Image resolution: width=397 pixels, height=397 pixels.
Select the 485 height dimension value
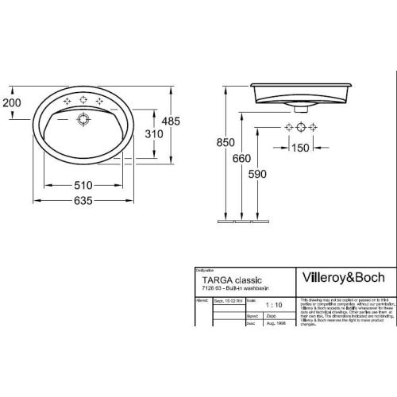coord(183,121)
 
